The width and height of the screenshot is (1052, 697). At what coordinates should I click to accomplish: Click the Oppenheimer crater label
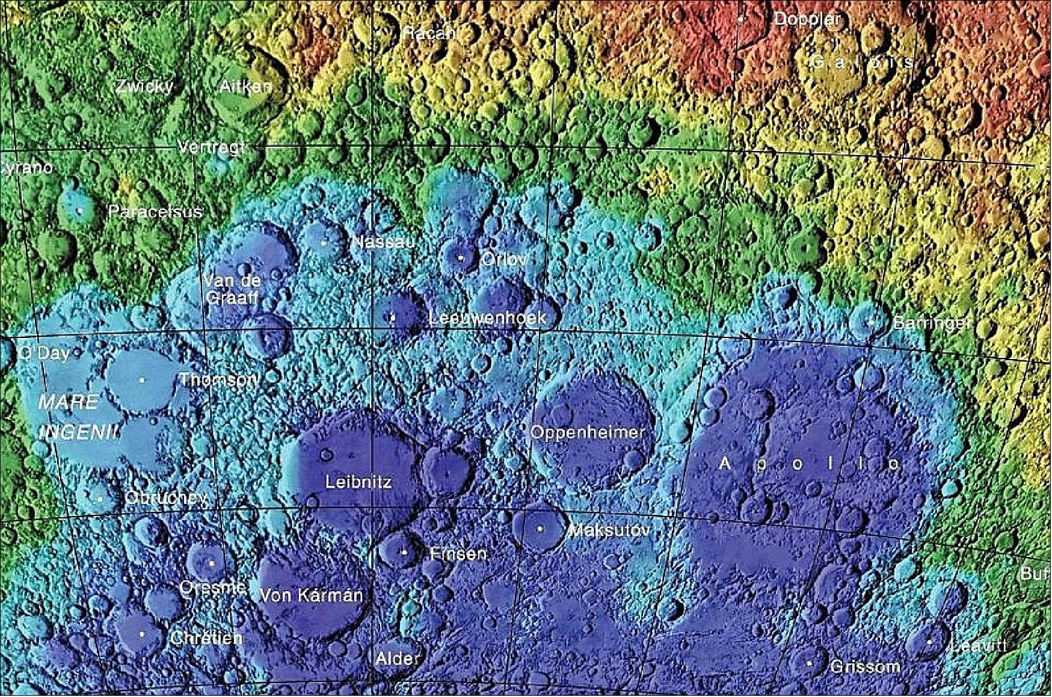pos(587,432)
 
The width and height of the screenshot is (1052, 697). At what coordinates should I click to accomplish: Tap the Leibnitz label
pos(358,482)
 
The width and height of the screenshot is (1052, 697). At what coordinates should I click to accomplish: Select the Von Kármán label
pos(311,595)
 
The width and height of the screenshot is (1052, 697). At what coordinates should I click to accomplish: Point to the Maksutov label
pos(609,530)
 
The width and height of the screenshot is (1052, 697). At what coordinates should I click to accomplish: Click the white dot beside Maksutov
pos(540,529)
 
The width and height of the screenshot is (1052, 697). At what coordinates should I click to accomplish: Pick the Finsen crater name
pos(458,553)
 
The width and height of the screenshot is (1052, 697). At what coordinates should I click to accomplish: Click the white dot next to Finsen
pos(404,552)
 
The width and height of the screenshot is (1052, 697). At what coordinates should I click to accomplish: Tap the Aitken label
pos(245,86)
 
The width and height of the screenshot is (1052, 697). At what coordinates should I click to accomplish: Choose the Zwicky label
pos(144,86)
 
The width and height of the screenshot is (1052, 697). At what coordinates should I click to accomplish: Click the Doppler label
pos(806,19)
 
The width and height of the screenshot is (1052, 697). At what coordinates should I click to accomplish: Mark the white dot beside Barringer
pos(870,322)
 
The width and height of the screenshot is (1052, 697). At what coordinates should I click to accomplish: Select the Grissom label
pos(865,666)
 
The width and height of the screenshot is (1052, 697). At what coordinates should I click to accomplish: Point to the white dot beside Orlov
pos(461,257)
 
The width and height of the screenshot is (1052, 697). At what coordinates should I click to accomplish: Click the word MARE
pos(68,402)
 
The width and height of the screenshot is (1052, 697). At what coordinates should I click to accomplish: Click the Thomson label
pos(219,379)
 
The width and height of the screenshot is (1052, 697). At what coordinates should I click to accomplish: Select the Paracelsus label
pos(155,212)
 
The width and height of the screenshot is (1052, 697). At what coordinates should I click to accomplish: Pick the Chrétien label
pos(206,637)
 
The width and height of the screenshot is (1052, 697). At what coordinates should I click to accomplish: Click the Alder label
pos(398,658)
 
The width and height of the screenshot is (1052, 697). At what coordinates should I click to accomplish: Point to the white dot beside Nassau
pos(324,243)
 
